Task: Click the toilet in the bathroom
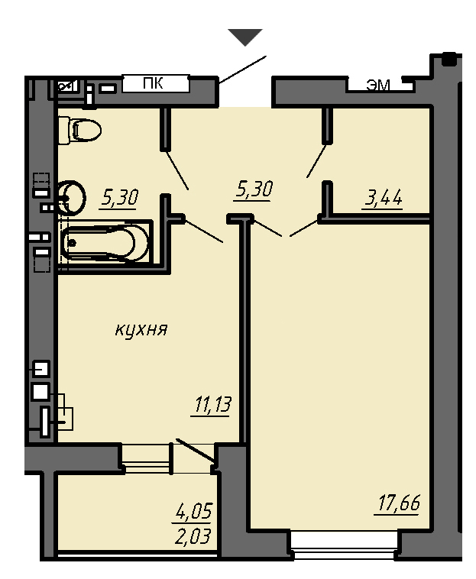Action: pos(79,131)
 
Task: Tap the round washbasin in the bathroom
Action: pos(72,198)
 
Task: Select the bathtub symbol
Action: pos(105,242)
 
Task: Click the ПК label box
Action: pos(155,84)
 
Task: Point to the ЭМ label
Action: pos(378,86)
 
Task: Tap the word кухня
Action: pos(141,329)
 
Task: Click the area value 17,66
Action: pos(399,503)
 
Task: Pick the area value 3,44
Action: pos(384,199)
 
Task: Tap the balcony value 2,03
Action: pos(193,536)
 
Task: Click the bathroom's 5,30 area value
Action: pos(120,198)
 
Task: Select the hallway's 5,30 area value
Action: pos(254,189)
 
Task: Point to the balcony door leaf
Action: pos(195,450)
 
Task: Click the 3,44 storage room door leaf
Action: pos(316,161)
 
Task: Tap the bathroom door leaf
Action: pos(176,170)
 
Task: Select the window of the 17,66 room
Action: pos(344,545)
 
